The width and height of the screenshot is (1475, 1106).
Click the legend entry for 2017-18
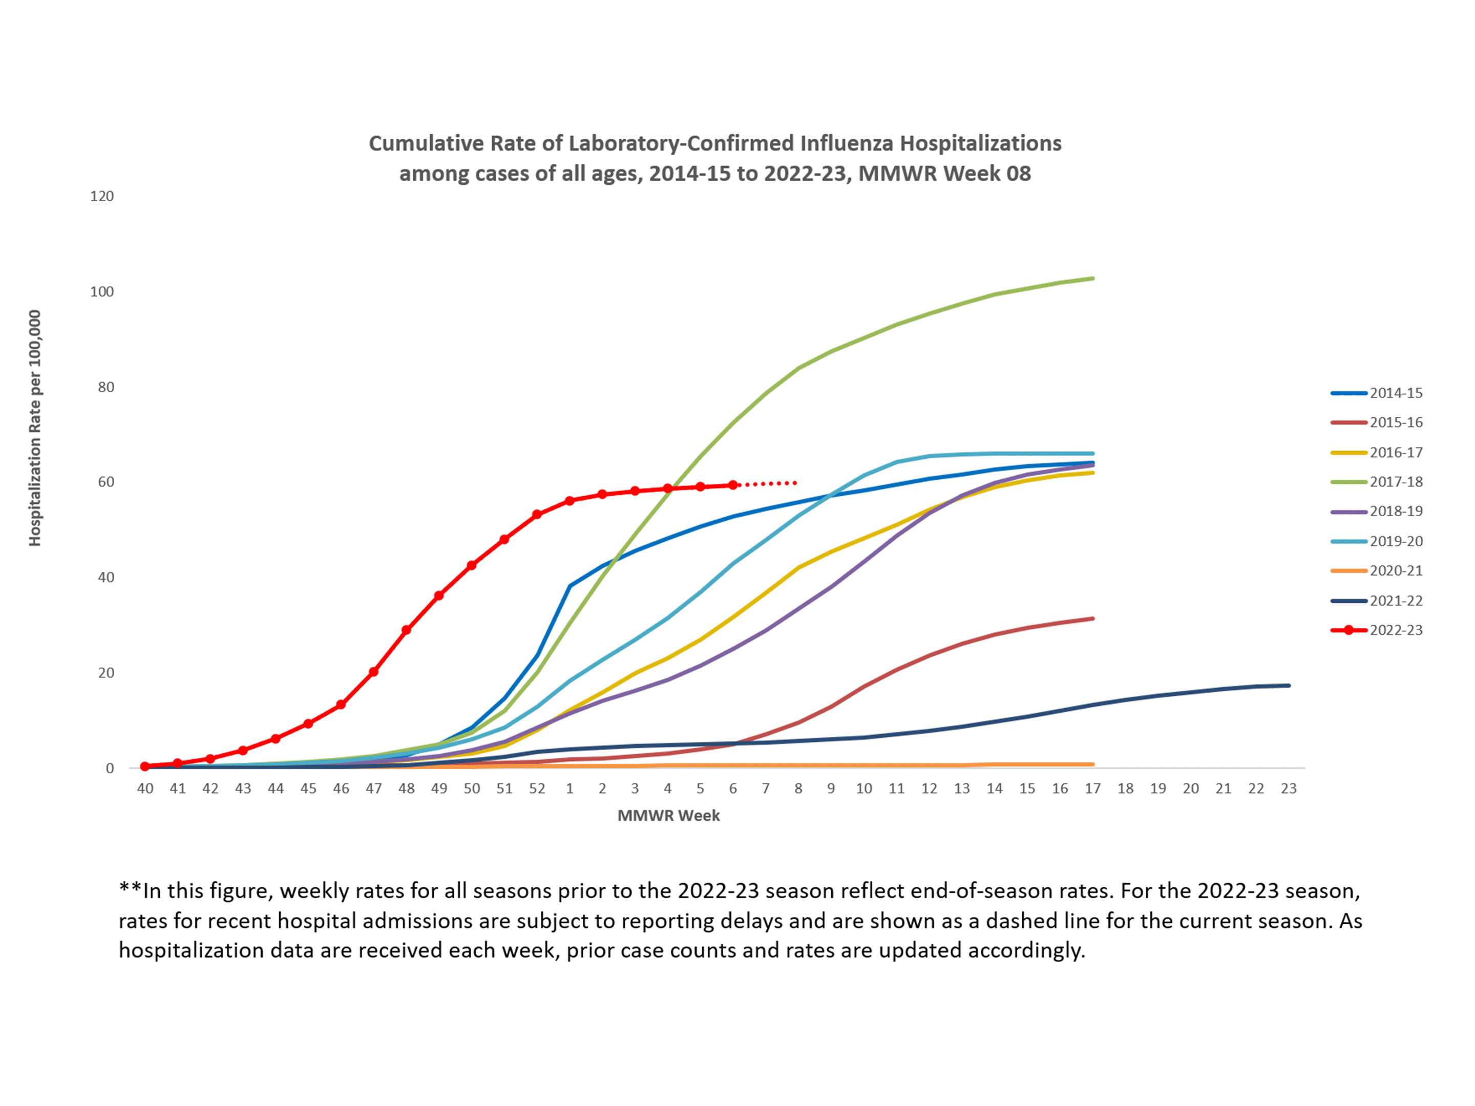click(1395, 481)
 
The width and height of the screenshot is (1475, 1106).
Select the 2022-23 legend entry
click(1395, 630)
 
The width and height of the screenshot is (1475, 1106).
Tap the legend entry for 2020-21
click(1395, 571)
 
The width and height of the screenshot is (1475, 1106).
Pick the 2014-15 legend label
click(1395, 393)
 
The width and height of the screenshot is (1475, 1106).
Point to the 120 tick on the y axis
click(102, 196)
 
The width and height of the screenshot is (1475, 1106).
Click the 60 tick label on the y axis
click(106, 482)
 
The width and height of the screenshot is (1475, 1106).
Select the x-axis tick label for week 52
click(537, 789)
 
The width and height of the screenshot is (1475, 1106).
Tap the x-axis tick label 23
click(1288, 789)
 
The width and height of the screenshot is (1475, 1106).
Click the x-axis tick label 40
click(145, 789)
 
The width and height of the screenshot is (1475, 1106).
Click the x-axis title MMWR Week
click(668, 815)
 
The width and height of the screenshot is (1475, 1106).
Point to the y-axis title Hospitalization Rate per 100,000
click(35, 428)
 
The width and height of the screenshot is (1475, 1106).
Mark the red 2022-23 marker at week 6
click(733, 485)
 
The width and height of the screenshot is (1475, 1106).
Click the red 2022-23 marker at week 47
click(373, 671)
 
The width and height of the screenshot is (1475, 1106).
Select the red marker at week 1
click(570, 501)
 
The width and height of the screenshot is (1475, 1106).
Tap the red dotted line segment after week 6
click(767, 483)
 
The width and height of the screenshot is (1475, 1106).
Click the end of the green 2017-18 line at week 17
click(1092, 279)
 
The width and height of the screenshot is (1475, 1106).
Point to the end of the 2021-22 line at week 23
click(1288, 685)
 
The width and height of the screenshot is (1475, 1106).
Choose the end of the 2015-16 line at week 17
click(1092, 619)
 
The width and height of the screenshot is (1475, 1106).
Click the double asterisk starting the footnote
click(130, 890)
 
